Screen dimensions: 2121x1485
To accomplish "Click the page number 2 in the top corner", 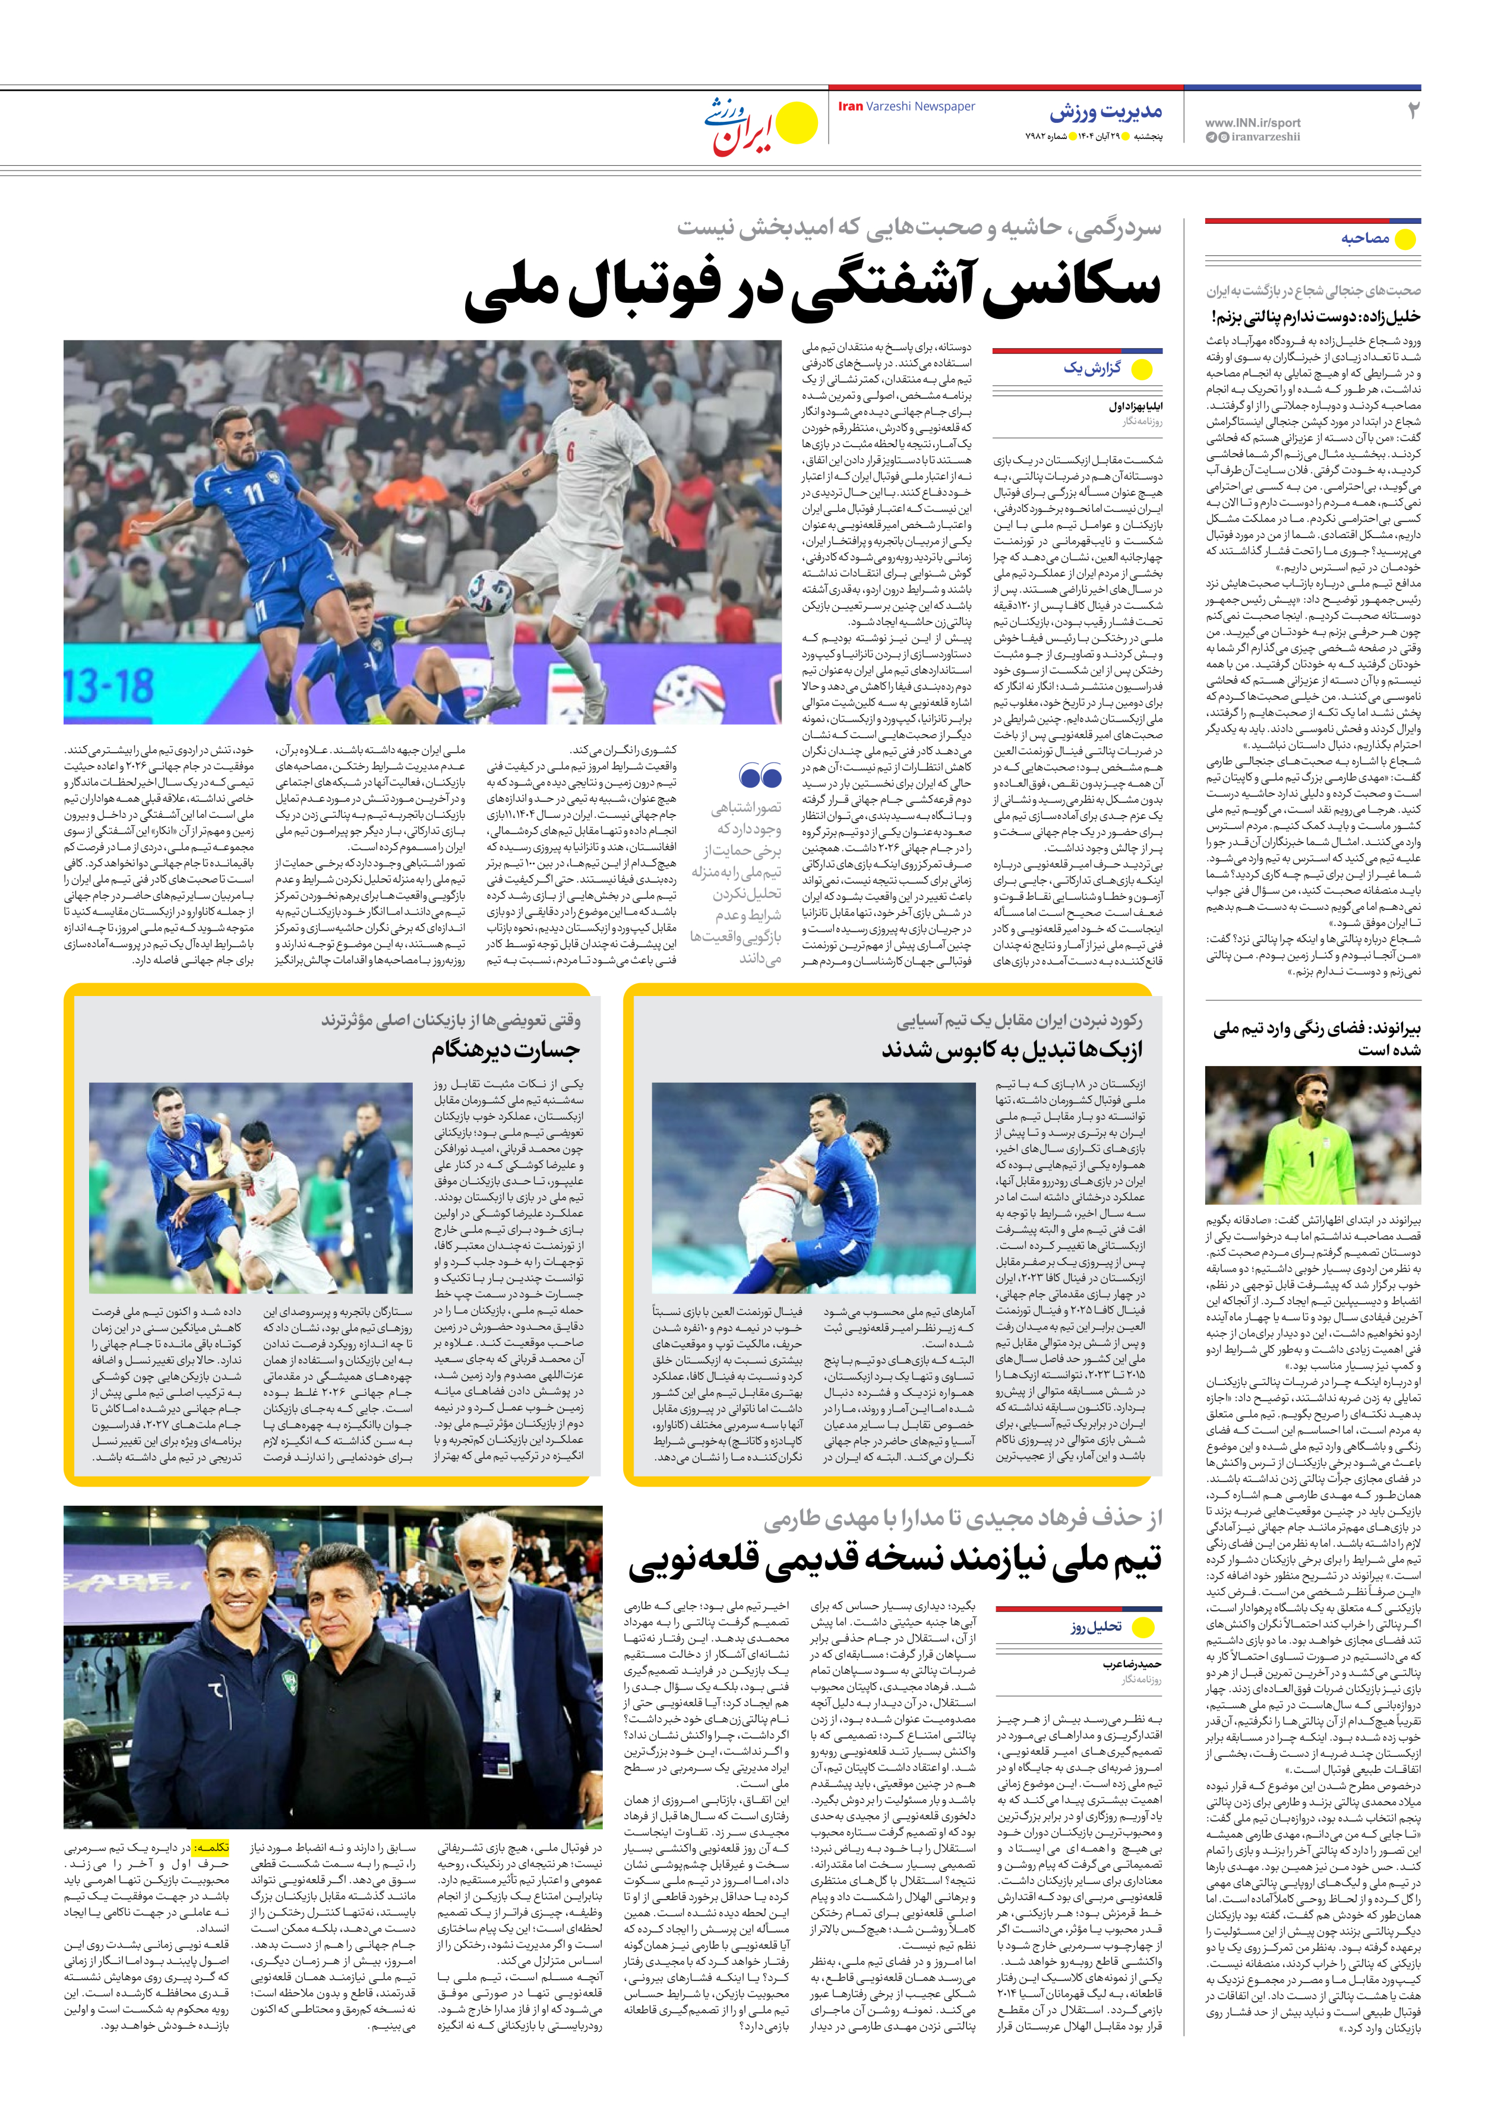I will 1412,111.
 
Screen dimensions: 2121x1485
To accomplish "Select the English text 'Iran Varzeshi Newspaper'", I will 906,106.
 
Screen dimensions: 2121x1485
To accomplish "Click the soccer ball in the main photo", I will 491,591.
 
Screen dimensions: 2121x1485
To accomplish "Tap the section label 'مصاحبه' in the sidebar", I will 1365,238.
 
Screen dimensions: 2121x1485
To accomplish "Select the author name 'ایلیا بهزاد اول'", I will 1135,406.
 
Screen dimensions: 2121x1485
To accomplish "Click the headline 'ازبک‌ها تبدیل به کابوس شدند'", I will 1011,1050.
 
